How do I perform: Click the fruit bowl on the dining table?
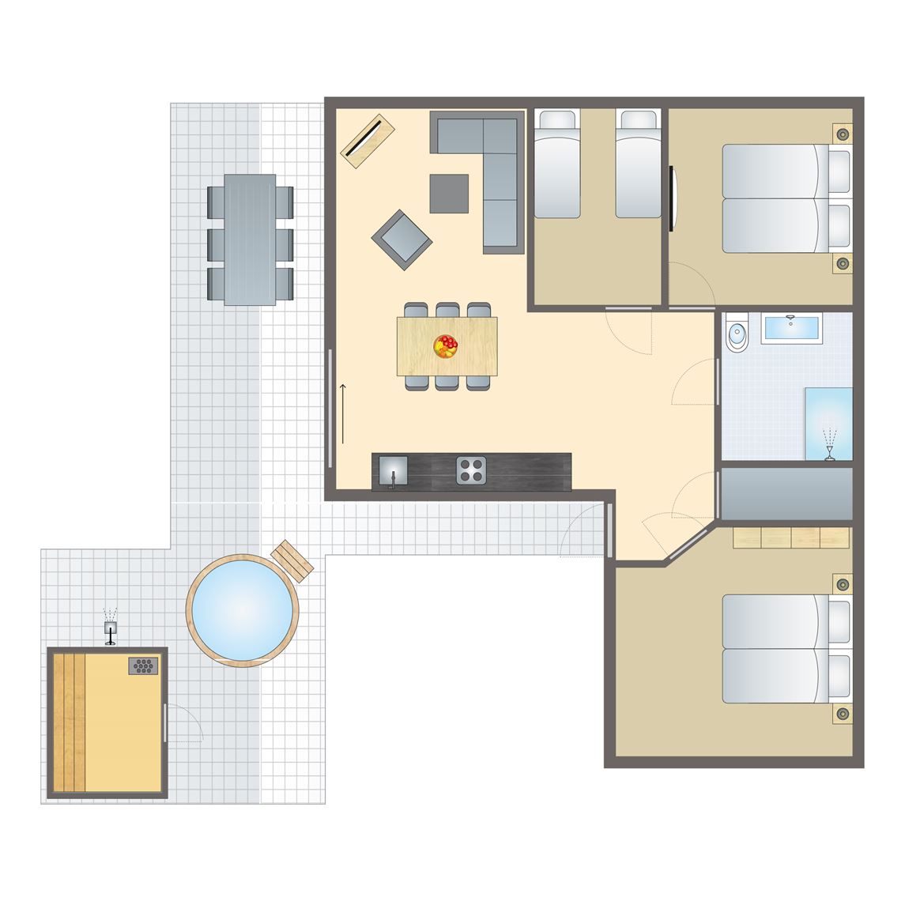[446, 346]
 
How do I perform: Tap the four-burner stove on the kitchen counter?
[471, 470]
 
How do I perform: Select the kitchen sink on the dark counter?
[393, 471]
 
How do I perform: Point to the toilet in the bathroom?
[737, 334]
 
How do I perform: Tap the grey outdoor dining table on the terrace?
[250, 239]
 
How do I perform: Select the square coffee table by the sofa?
[449, 194]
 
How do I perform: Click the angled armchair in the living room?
[402, 239]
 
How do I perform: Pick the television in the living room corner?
[368, 141]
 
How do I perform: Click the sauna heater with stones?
[144, 666]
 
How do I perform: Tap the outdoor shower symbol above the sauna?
[111, 627]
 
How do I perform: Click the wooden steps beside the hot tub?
[292, 560]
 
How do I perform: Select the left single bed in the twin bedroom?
[557, 164]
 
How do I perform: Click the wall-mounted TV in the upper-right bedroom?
[672, 198]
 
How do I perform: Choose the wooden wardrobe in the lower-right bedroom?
[792, 537]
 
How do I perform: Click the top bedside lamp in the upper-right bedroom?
[843, 134]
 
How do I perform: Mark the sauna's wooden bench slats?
[68, 721]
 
